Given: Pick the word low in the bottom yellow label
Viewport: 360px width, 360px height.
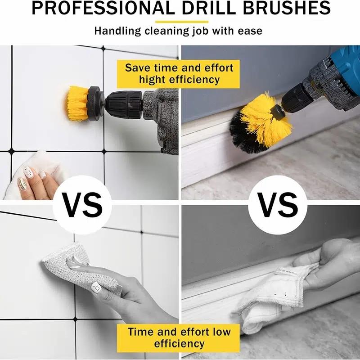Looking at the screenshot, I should pyautogui.click(x=220, y=332).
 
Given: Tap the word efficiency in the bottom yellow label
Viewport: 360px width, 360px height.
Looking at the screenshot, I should pyautogui.click(x=179, y=344).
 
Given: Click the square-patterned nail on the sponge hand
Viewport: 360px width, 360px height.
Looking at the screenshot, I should pyautogui.click(x=96, y=287).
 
